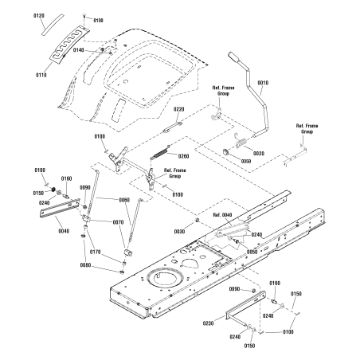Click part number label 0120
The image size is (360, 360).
(39, 16)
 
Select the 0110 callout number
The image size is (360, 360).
(41, 75)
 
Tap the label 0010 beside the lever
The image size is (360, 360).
(263, 83)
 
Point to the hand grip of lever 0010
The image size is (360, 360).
(234, 57)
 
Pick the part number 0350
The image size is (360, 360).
(246, 161)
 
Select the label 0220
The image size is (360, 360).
(179, 109)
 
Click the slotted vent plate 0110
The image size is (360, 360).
(70, 44)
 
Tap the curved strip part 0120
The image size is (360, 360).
(53, 24)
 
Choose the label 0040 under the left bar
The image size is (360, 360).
(64, 231)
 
